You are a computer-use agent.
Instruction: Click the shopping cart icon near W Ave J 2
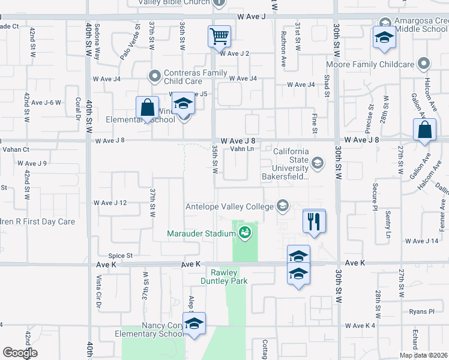click(219, 36)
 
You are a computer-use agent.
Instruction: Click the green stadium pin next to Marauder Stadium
click(244, 232)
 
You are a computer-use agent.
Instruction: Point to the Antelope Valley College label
click(229, 206)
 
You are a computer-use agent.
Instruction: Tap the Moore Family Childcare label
click(370, 64)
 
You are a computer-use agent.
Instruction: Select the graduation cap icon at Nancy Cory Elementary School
click(194, 323)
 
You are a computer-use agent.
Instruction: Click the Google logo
click(20, 353)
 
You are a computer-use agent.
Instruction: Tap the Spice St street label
click(120, 256)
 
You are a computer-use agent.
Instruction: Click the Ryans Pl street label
click(421, 311)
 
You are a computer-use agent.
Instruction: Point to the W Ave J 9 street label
click(32, 163)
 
